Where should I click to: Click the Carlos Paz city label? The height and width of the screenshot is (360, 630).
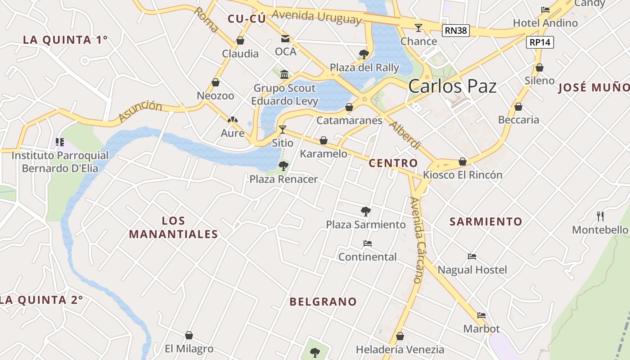click(x=452, y=86)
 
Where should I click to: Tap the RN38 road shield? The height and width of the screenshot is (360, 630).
click(x=456, y=31)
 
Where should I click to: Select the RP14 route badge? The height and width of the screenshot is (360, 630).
click(x=540, y=42)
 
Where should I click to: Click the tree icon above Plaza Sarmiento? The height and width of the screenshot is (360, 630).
click(x=365, y=211)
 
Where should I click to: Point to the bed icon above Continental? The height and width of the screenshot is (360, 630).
click(x=368, y=243)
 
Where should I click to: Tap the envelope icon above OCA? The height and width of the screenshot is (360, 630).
click(x=285, y=38)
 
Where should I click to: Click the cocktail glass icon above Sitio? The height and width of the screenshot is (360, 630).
click(x=283, y=130)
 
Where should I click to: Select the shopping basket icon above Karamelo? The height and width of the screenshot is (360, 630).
click(x=323, y=140)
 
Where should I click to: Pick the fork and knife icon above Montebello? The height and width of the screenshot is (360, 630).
click(x=600, y=216)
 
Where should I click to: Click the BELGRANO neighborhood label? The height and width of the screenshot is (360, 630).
click(x=323, y=301)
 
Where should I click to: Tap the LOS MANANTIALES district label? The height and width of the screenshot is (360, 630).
click(x=173, y=227)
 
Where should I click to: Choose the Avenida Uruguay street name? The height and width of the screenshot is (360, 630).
click(x=316, y=17)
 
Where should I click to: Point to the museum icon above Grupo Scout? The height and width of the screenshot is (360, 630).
click(x=284, y=74)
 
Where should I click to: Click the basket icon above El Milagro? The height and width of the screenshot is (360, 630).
click(x=189, y=335)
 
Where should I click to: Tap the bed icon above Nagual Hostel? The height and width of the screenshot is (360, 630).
click(x=472, y=256)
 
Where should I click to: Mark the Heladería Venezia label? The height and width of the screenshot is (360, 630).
click(x=400, y=349)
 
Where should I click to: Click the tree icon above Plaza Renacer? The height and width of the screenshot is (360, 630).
click(x=283, y=166)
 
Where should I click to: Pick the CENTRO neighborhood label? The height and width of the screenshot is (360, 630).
click(x=393, y=163)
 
